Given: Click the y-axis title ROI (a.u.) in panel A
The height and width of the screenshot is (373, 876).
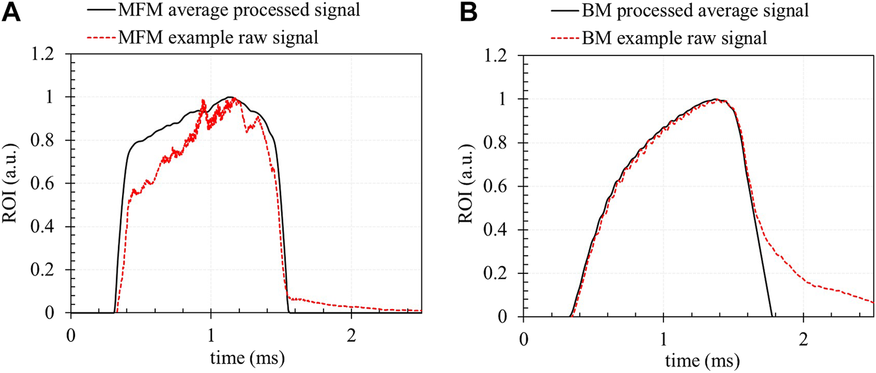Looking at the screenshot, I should click(x=12, y=185).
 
